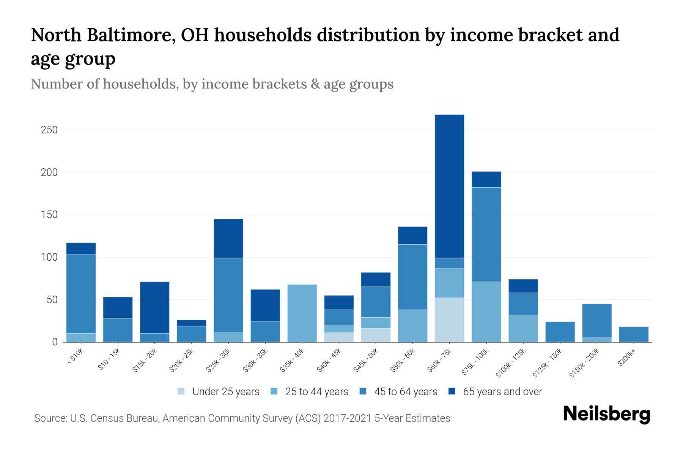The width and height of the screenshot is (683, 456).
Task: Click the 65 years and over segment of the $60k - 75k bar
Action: click(x=449, y=186)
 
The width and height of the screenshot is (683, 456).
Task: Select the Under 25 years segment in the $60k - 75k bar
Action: click(x=449, y=320)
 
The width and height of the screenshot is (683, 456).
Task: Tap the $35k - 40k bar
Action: click(x=302, y=313)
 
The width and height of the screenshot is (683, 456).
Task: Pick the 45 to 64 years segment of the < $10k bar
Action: click(x=81, y=294)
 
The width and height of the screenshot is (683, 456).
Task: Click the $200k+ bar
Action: click(x=634, y=334)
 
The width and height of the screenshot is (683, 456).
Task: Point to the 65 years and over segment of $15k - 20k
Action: click(x=154, y=307)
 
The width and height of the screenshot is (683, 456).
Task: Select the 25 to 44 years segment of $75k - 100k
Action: click(x=486, y=312)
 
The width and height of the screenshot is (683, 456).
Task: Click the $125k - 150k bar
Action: click(x=560, y=332)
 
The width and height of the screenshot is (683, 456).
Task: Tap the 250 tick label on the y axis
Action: click(x=49, y=130)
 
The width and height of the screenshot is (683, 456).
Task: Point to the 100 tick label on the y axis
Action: click(x=49, y=257)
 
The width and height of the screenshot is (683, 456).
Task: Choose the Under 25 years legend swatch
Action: click(x=181, y=391)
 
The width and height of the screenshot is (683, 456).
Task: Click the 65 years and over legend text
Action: click(x=502, y=391)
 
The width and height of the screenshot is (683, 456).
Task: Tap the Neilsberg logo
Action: click(x=606, y=414)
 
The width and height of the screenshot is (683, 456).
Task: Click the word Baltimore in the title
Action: click(x=131, y=35)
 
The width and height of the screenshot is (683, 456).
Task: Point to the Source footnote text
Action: click(x=242, y=418)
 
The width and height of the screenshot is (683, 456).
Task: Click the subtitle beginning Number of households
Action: click(x=212, y=84)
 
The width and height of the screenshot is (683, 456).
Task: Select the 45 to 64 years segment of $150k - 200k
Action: click(x=596, y=321)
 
